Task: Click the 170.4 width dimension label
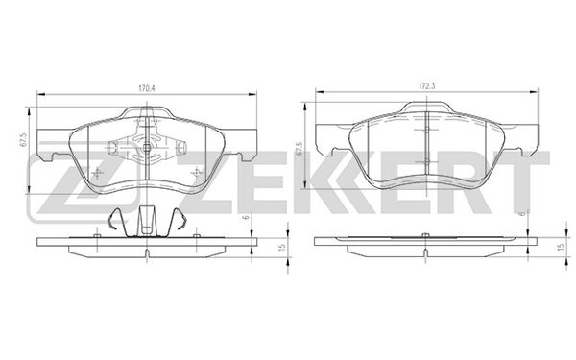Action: click(147, 88)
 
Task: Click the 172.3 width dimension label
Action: click(427, 86)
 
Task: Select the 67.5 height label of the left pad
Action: click(22, 140)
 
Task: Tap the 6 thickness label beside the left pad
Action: click(247, 217)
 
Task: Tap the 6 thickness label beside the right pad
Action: click(523, 214)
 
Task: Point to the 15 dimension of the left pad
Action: click(282, 248)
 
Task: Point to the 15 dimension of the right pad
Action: click(561, 247)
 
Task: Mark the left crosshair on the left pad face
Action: click(97, 173)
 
